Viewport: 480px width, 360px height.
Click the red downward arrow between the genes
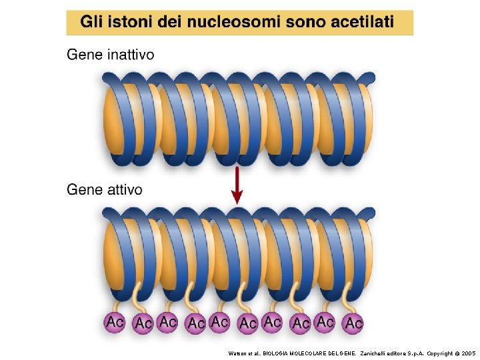237,187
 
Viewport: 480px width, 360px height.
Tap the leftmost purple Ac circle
115,322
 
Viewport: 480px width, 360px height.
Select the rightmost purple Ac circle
353,323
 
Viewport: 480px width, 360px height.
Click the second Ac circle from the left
142,324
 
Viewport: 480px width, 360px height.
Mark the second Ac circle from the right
325,321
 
